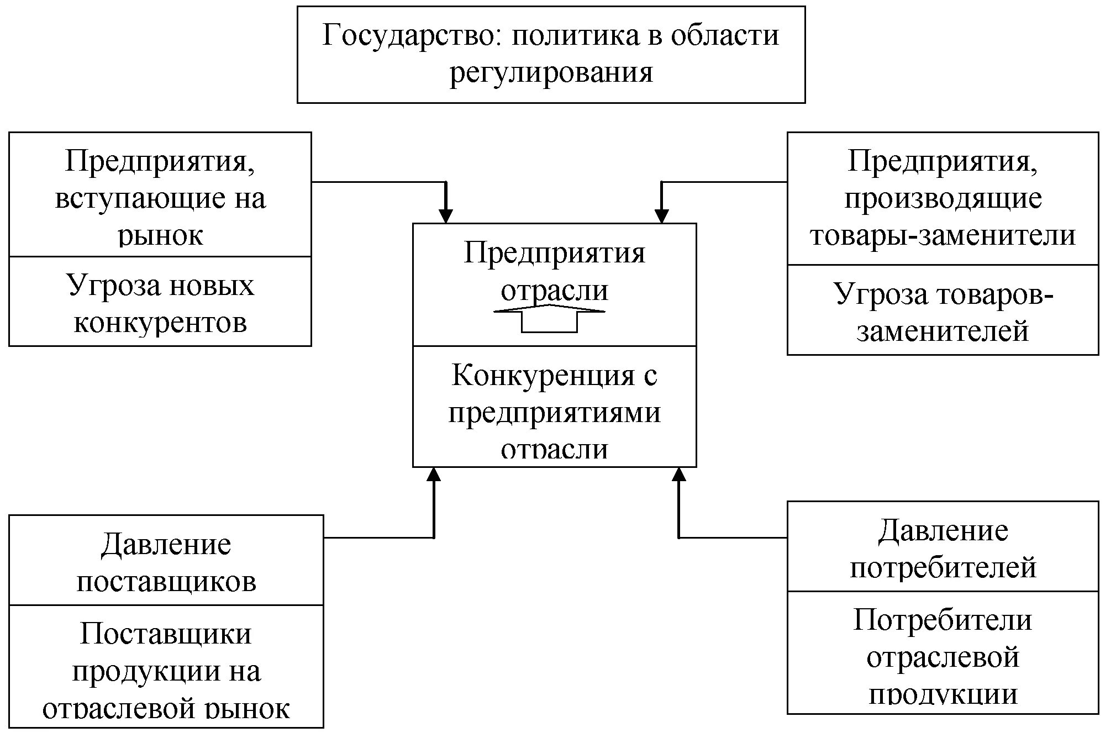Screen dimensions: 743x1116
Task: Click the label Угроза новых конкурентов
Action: (160, 304)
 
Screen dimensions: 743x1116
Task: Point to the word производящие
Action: (943, 199)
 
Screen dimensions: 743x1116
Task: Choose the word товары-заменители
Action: (943, 236)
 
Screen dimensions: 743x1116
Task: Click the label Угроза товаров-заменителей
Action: (943, 312)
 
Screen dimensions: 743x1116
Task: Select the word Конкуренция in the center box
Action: (543, 376)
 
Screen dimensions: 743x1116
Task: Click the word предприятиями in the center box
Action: (554, 413)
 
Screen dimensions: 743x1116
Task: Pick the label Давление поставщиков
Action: (166, 562)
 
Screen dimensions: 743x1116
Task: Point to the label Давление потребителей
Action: (943, 549)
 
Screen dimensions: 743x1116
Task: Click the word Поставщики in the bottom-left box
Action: (166, 634)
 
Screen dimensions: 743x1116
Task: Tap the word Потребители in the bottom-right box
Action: (943, 620)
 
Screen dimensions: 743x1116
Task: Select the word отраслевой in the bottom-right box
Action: (943, 657)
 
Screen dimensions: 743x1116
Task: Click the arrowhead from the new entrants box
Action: (445, 216)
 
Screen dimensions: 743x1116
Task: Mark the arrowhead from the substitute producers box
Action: (661, 216)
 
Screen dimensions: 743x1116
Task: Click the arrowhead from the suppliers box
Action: (434, 475)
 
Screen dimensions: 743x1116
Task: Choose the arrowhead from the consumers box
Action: (679, 475)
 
